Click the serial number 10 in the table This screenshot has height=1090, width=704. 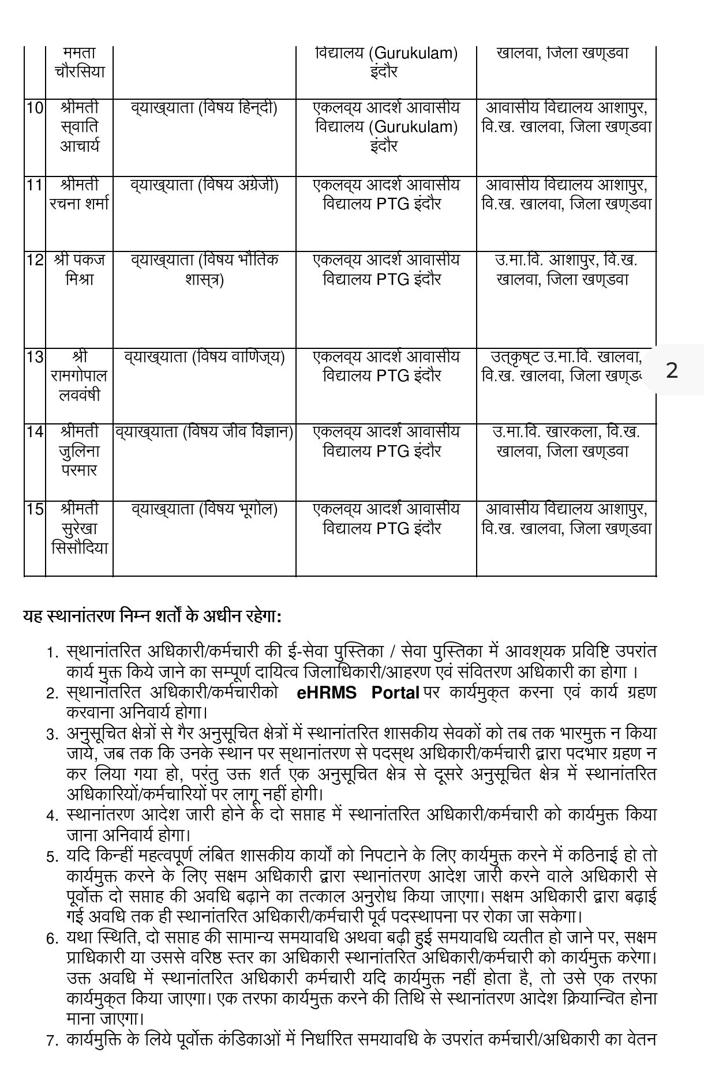tap(35, 108)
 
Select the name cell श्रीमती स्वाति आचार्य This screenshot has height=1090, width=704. tap(79, 127)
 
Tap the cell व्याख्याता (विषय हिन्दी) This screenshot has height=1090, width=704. tap(204, 108)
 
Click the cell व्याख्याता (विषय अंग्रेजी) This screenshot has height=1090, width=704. tap(204, 185)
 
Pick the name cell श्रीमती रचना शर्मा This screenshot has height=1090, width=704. tap(79, 194)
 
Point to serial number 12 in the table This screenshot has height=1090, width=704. tap(35, 260)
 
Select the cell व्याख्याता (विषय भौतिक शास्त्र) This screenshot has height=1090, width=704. tap(204, 269)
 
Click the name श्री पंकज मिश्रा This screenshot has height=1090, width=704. tap(79, 269)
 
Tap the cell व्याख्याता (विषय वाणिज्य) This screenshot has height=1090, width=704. tap(204, 357)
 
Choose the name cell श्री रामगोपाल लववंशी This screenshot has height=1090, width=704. tap(79, 376)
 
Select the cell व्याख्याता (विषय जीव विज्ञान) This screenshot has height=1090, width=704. tap(204, 432)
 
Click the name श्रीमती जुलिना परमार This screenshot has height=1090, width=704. tap(79, 451)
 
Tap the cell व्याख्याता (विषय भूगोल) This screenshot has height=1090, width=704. tap(204, 509)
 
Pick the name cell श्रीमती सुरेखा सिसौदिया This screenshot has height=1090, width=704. tap(79, 528)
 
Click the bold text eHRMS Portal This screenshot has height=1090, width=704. tap(358, 693)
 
